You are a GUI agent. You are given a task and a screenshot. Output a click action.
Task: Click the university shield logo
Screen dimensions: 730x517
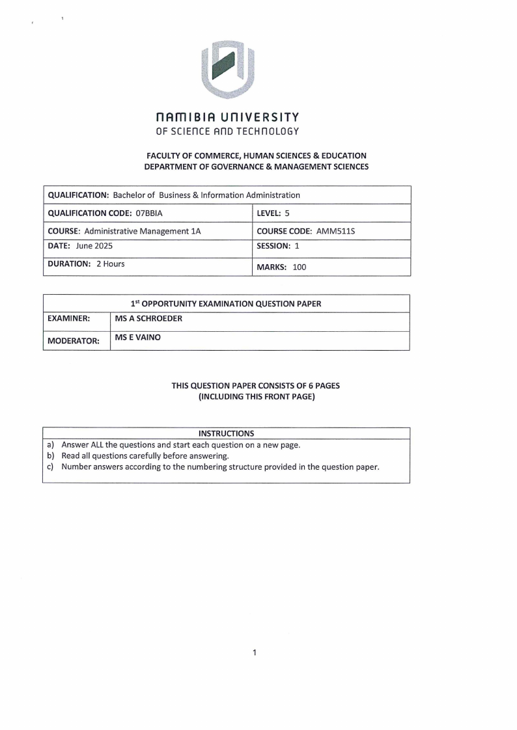tap(227, 68)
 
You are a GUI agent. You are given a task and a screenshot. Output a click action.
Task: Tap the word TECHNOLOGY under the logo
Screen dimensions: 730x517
tap(268, 131)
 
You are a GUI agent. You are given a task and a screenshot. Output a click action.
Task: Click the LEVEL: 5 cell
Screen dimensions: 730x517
tap(273, 213)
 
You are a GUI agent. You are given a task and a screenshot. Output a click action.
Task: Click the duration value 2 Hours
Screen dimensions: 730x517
tap(110, 264)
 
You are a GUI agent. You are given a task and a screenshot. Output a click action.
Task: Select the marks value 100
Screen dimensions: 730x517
tap(299, 267)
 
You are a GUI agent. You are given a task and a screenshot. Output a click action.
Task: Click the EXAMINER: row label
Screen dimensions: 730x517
tap(69, 319)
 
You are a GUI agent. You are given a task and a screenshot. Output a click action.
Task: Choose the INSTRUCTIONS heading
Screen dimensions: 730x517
tap(226, 433)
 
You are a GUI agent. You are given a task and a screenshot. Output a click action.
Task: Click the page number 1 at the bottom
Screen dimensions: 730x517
tap(255, 652)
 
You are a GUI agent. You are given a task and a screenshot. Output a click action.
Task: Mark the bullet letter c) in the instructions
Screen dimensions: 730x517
tap(51, 466)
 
